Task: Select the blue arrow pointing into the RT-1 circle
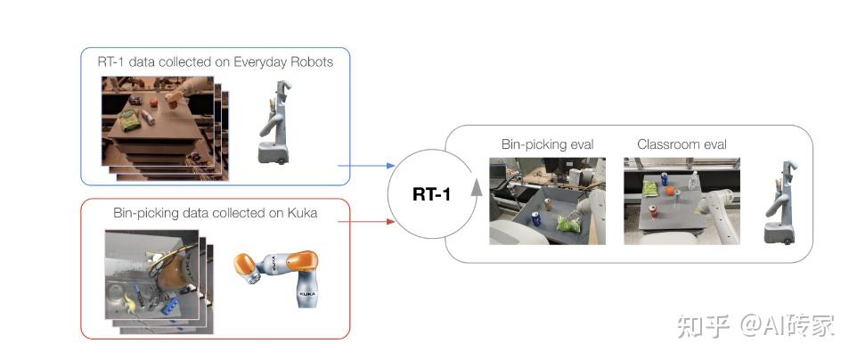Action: (365, 166)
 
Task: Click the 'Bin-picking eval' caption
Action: (547, 144)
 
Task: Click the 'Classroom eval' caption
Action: (682, 144)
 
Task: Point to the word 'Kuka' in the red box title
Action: (301, 213)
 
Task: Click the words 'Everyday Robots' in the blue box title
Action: (285, 61)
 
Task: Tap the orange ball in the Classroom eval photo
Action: (668, 189)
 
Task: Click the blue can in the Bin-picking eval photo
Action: (536, 220)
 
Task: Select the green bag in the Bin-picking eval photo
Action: (567, 225)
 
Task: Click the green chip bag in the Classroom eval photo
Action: (650, 189)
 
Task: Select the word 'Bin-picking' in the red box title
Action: (147, 213)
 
